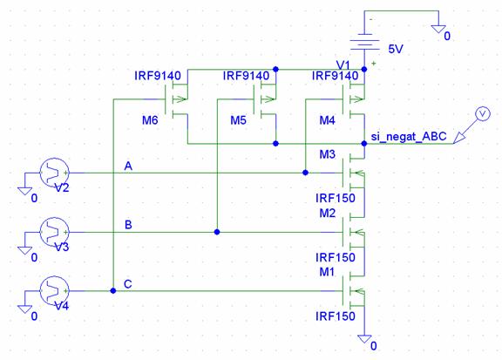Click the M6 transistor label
coord(150,120)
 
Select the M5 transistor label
coord(239,120)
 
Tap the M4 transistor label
coord(327,120)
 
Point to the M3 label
coord(327,154)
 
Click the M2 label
coord(327,213)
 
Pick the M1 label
coord(327,272)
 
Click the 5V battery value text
coord(396,50)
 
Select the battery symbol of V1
coord(364,42)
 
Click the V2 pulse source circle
coord(54,173)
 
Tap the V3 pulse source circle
coord(54,232)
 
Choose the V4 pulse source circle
coord(54,291)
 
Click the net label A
coord(128,166)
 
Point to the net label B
coord(128,225)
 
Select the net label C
coord(128,284)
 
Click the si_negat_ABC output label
coord(409,137)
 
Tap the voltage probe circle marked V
coord(483,113)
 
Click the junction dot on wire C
coord(113,291)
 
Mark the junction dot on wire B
coord(217,232)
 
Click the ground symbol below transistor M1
coord(364,339)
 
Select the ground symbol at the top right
coord(438,29)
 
